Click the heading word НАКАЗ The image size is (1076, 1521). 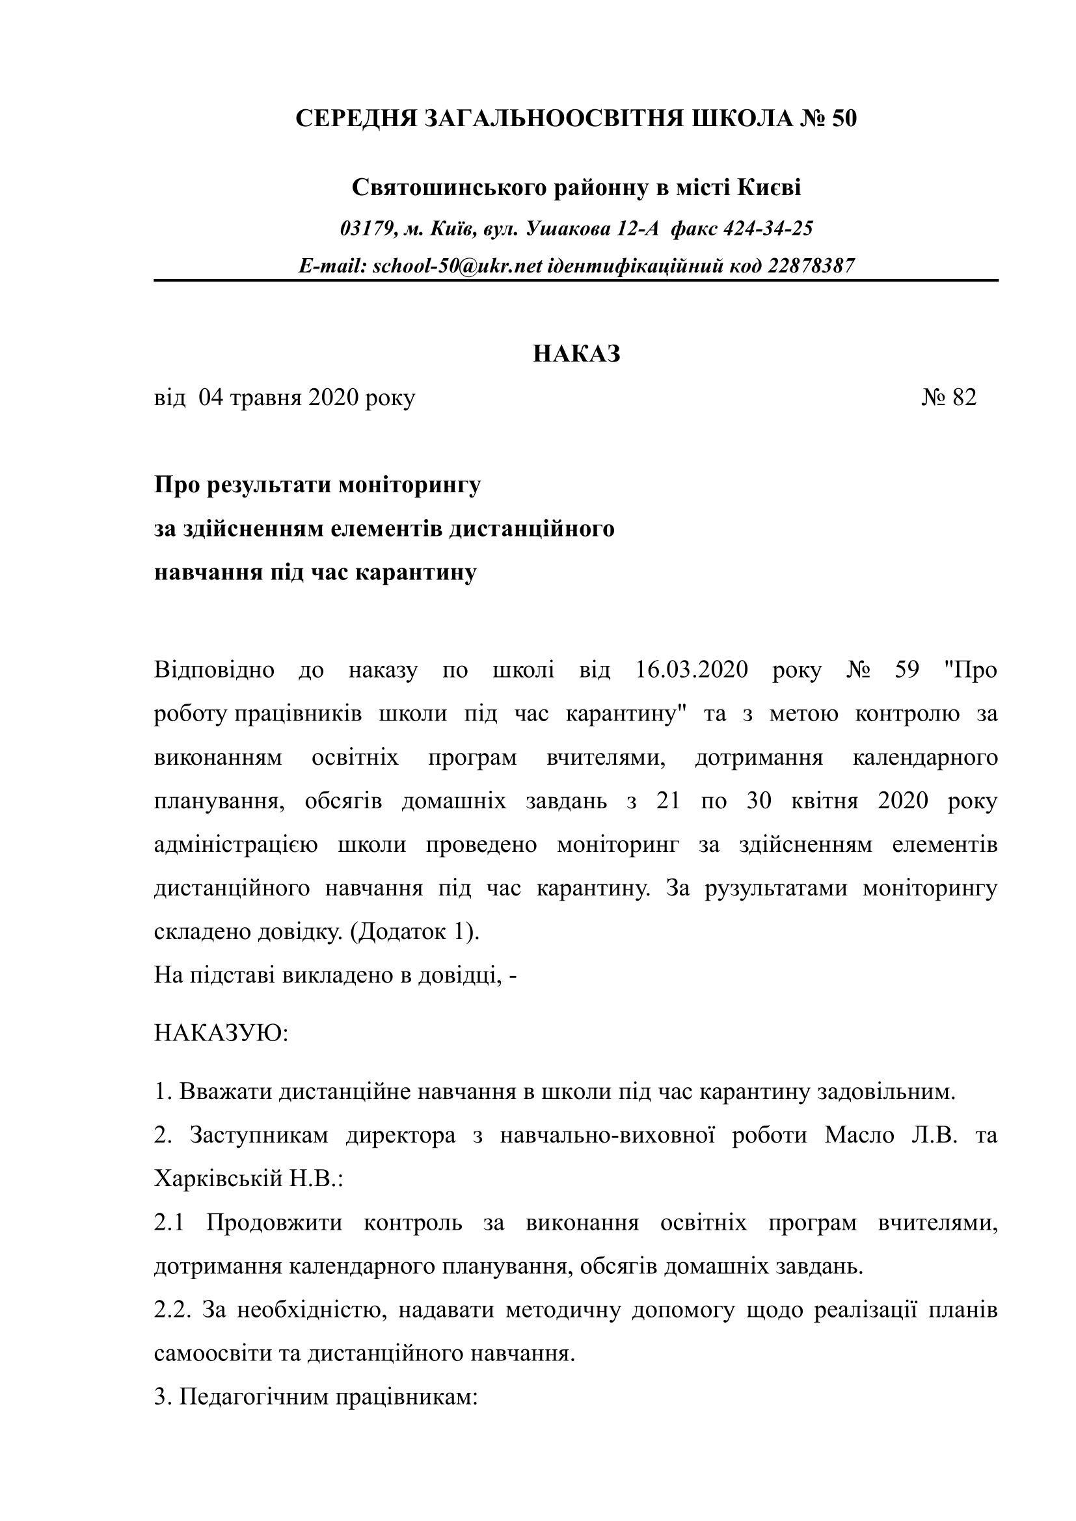576,354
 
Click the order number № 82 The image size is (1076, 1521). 948,397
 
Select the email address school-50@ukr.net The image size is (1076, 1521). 457,267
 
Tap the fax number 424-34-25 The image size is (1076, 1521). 768,229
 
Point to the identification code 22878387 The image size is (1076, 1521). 811,267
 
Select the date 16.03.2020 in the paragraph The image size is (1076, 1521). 692,670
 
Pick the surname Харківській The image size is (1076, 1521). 219,1179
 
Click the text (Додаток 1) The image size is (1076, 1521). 414,932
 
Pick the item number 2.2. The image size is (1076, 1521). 172,1310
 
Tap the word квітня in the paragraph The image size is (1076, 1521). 825,802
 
